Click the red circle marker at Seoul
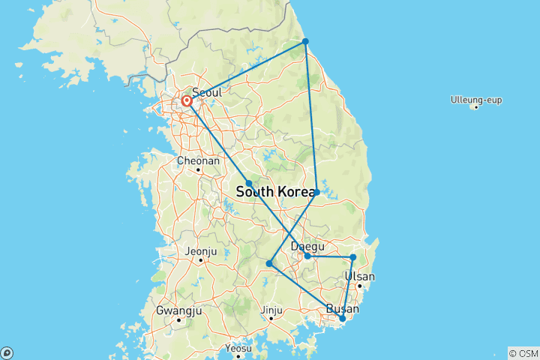[x=186, y=100]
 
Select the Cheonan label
[x=198, y=160]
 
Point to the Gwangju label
[x=178, y=310]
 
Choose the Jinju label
[x=271, y=309]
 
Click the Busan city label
[x=342, y=309]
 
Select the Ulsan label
[x=359, y=276]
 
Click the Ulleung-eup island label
[x=476, y=100]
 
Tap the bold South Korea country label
[x=275, y=192]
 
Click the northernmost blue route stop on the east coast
[x=305, y=41]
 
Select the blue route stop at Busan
[x=343, y=319]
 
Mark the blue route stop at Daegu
[x=307, y=256]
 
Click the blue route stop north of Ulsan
[x=353, y=257]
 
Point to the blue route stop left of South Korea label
[x=249, y=183]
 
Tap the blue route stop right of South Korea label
[x=317, y=193]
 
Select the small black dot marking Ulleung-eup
[x=475, y=107]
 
